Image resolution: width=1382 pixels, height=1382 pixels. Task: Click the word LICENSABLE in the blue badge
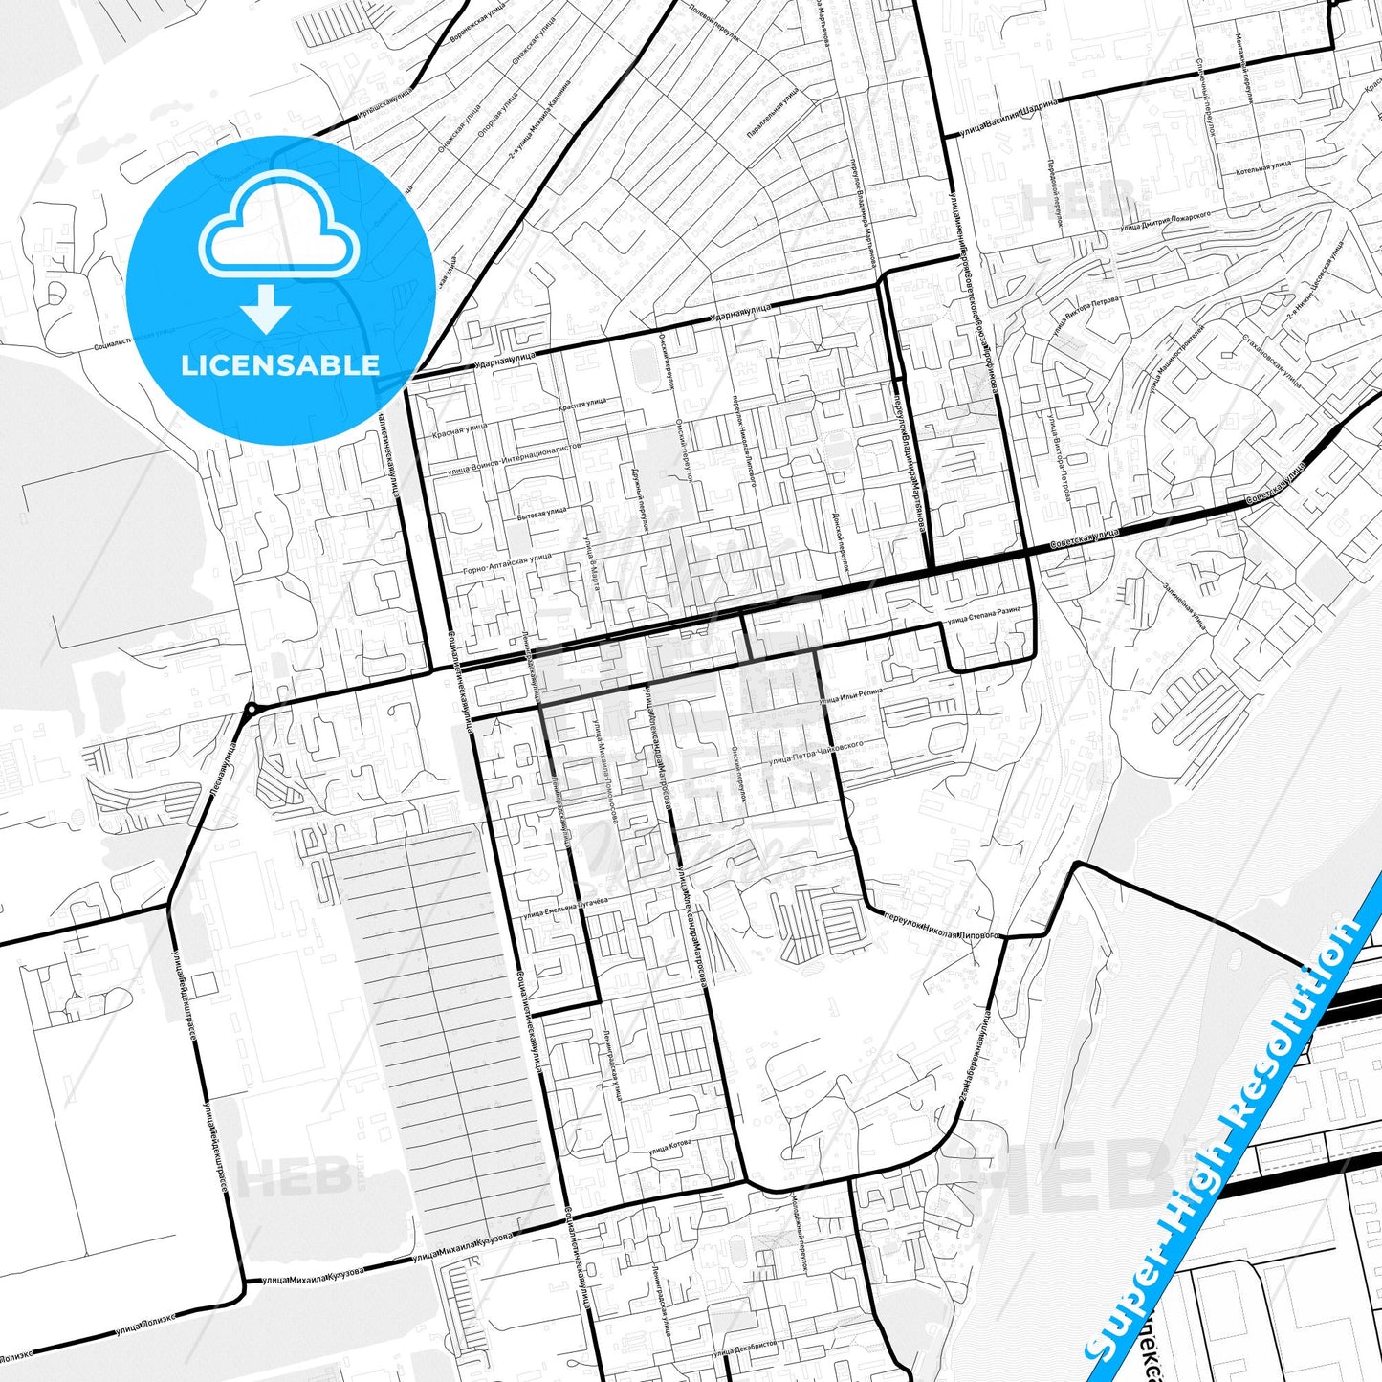coord(279,365)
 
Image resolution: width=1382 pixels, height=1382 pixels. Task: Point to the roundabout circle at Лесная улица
coord(251,710)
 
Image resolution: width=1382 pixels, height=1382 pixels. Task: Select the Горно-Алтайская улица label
coord(507,564)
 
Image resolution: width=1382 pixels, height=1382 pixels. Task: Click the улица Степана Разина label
coord(983,615)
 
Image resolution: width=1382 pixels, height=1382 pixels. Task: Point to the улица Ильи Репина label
coord(850,696)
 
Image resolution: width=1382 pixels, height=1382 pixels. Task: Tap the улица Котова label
coord(669,1147)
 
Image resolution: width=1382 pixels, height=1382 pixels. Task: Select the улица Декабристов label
coord(746,1349)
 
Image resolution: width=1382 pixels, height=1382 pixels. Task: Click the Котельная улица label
coord(1263,165)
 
